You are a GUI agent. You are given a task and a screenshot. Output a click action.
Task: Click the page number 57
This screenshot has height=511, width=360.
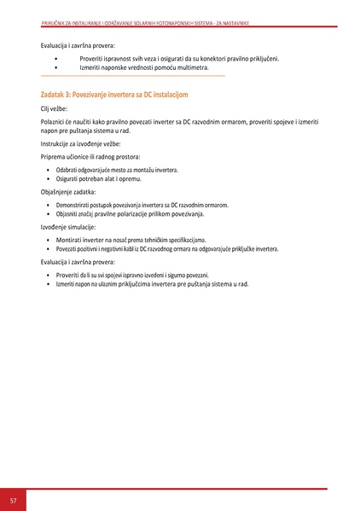pos(13,499)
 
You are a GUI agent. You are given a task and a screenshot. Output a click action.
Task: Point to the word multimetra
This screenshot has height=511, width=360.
pos(192,67)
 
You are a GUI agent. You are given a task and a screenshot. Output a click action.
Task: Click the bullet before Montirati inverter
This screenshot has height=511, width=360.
pos(48,241)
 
